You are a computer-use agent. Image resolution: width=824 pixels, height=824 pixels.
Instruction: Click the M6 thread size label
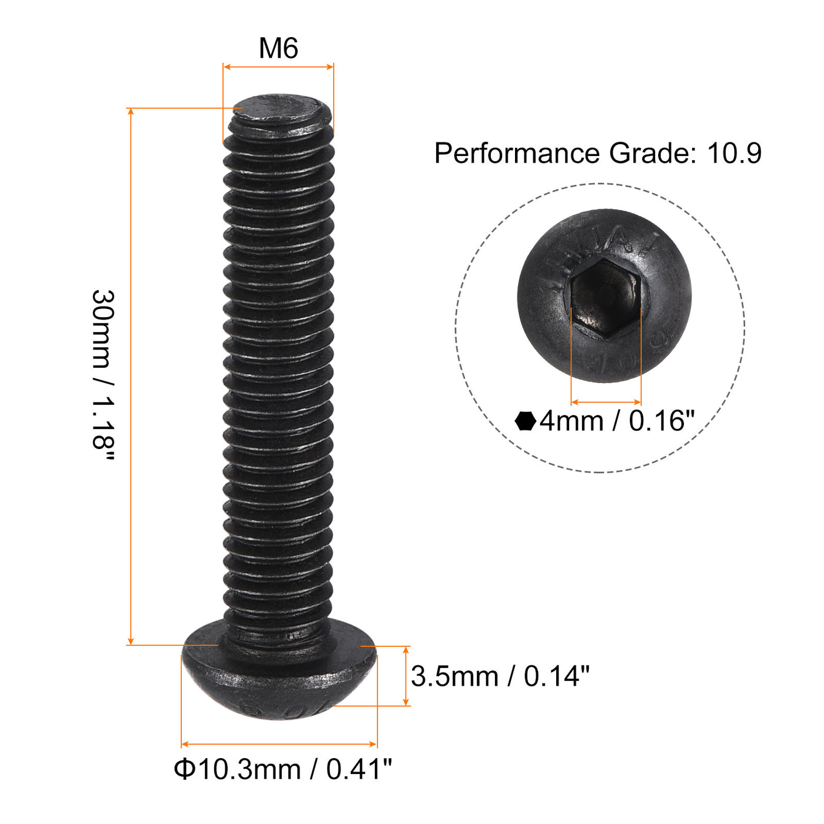pyautogui.click(x=278, y=48)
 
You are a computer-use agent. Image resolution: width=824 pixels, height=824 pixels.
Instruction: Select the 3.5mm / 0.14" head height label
pyautogui.click(x=500, y=676)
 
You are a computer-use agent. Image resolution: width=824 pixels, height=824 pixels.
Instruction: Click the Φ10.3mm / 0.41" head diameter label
pyautogui.click(x=283, y=769)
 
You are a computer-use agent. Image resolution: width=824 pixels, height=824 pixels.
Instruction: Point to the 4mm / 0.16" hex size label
pyautogui.click(x=617, y=421)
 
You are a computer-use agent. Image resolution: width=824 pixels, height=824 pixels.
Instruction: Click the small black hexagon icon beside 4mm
pyautogui.click(x=525, y=421)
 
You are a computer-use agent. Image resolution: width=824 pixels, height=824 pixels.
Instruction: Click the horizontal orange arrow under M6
pyautogui.click(x=278, y=67)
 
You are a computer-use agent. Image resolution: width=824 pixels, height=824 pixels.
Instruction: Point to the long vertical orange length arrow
pyautogui.click(x=131, y=377)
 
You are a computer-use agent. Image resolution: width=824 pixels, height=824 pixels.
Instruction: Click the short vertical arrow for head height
pyautogui.click(x=406, y=676)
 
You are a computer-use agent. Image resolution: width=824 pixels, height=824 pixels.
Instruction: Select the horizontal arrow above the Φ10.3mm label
pyautogui.click(x=279, y=745)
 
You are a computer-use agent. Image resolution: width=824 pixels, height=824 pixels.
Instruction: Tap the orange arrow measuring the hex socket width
pyautogui.click(x=606, y=402)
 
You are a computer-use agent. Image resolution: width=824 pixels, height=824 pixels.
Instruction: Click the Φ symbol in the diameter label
pyautogui.click(x=184, y=769)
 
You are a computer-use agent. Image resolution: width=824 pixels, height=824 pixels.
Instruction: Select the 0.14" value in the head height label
pyautogui.click(x=556, y=676)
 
